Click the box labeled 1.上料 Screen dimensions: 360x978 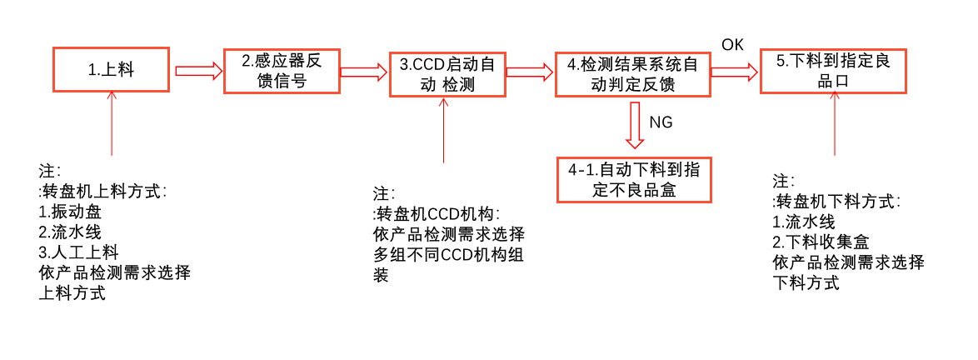click(112, 70)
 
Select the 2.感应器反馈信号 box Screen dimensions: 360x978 click(282, 71)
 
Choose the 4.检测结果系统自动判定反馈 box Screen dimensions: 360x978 click(632, 73)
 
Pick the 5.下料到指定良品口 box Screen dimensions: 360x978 click(833, 71)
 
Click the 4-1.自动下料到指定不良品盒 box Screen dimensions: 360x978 click(634, 179)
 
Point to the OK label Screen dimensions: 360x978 click(732, 45)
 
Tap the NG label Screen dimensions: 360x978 click(661, 122)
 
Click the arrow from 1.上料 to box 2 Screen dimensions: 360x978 click(198, 71)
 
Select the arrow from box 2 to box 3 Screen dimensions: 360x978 click(364, 72)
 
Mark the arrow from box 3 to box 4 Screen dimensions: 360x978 click(530, 72)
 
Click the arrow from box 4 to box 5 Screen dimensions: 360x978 click(734, 72)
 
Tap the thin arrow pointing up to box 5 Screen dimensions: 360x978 click(835, 125)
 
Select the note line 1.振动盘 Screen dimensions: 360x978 click(70, 212)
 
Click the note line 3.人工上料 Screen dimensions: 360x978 click(79, 252)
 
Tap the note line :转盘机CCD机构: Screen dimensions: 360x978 click(437, 213)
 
